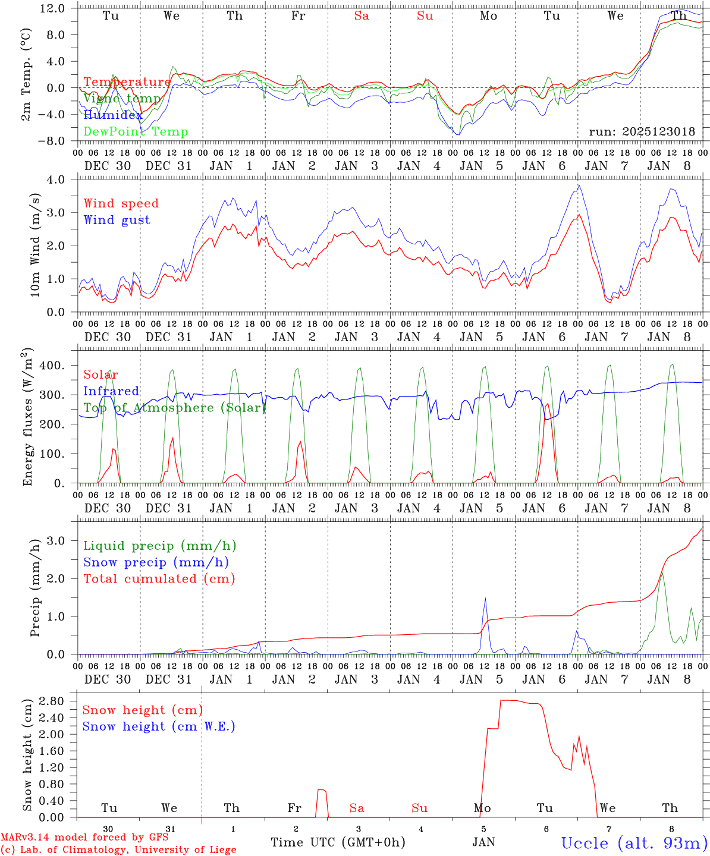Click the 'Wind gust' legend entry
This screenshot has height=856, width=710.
(x=117, y=220)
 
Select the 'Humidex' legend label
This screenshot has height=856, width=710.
(x=113, y=115)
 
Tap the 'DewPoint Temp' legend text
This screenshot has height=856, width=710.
(x=136, y=131)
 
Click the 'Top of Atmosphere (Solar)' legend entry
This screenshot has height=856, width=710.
(x=174, y=408)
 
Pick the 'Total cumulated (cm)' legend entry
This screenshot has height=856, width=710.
(x=159, y=578)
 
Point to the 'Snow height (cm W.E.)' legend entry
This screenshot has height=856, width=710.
(x=159, y=726)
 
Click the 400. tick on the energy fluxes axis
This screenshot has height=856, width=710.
(x=52, y=366)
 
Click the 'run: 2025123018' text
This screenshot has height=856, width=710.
(x=642, y=131)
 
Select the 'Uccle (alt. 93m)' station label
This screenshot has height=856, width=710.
(x=634, y=842)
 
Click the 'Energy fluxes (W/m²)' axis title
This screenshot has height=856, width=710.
(x=27, y=418)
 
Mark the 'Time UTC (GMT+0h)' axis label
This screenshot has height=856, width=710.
(x=338, y=842)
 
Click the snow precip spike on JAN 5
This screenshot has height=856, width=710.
(x=486, y=599)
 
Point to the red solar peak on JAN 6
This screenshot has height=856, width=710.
(x=547, y=405)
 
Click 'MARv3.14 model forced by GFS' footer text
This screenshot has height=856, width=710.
(x=84, y=837)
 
